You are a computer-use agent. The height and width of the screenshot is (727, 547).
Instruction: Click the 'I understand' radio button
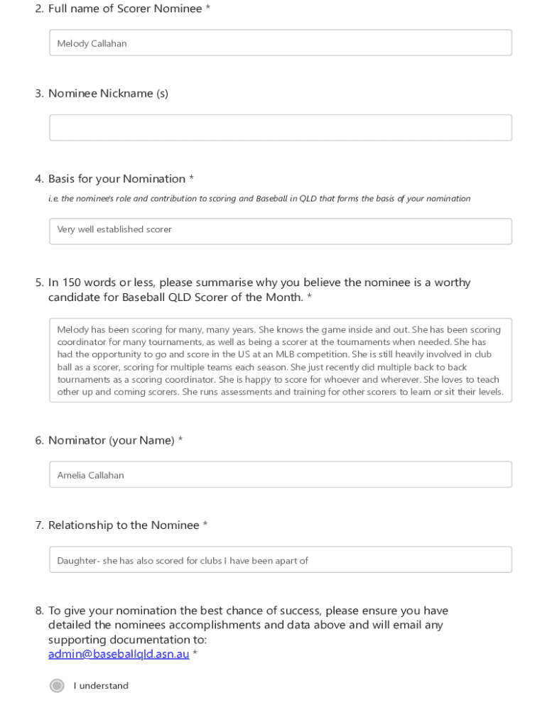pyautogui.click(x=57, y=685)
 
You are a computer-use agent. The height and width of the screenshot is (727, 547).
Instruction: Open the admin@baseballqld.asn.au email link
pyautogui.click(x=119, y=654)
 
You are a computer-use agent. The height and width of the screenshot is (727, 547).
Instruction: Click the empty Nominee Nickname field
pyautogui.click(x=280, y=128)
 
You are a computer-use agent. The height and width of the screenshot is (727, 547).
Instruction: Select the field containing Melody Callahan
pyautogui.click(x=280, y=43)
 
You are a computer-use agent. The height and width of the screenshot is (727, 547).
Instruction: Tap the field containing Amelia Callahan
pyautogui.click(x=280, y=474)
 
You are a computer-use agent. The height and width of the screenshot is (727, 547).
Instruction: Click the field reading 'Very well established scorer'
pyautogui.click(x=280, y=231)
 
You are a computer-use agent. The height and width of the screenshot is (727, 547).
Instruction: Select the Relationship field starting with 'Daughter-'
pyautogui.click(x=280, y=559)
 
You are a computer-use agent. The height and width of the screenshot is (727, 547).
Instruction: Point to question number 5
pyautogui.click(x=39, y=283)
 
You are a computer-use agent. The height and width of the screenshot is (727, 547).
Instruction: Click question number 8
pyautogui.click(x=39, y=611)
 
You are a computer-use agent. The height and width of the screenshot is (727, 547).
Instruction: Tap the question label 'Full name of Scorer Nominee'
pyautogui.click(x=125, y=9)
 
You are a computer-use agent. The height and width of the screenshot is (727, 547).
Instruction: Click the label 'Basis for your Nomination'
pyautogui.click(x=117, y=179)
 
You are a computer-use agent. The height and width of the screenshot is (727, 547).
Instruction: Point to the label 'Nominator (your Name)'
pyautogui.click(x=111, y=440)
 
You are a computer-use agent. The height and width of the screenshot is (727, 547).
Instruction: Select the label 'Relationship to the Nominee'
pyautogui.click(x=124, y=525)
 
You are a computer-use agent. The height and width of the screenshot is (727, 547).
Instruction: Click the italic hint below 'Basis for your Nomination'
pyautogui.click(x=259, y=199)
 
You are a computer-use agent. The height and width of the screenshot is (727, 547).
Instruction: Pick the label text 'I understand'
pyautogui.click(x=101, y=686)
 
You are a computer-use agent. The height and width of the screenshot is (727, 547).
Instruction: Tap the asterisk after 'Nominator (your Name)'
pyautogui.click(x=180, y=440)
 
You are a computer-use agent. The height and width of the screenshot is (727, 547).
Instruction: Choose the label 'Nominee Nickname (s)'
pyautogui.click(x=108, y=94)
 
